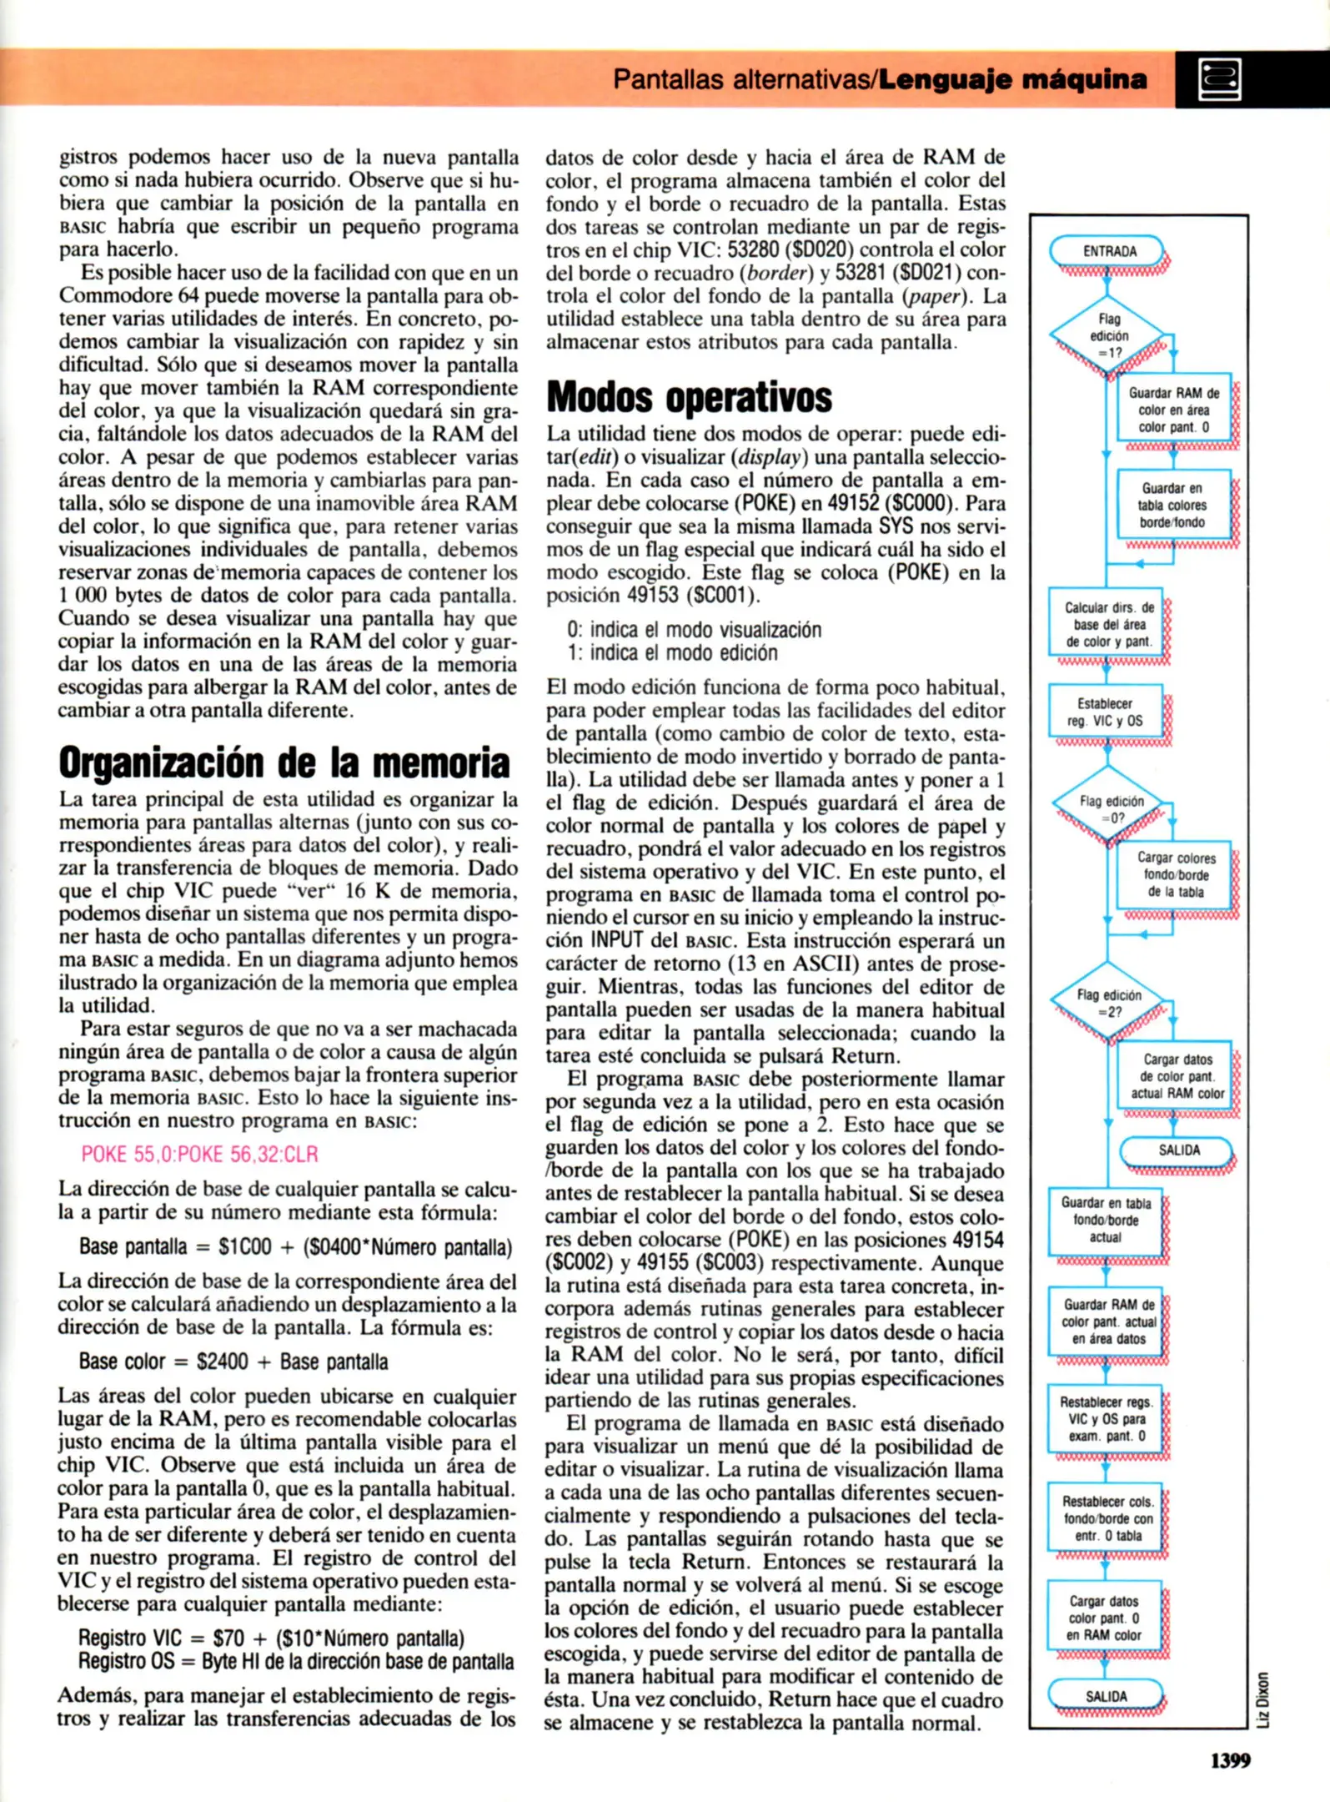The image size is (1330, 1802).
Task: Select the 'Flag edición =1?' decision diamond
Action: (1108, 335)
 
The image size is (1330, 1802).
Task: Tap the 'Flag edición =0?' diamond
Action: (1111, 808)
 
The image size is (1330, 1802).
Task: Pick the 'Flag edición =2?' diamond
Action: (1108, 1002)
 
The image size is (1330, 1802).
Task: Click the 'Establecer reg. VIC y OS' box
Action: (1105, 712)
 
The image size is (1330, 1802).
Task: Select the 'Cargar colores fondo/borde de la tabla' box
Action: (1176, 874)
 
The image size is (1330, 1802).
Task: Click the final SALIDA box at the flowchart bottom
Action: (1106, 1696)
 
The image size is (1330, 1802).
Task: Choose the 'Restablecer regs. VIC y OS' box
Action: (1106, 1418)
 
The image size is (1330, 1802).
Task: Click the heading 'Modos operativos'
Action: (689, 397)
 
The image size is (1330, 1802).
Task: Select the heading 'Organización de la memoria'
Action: (284, 762)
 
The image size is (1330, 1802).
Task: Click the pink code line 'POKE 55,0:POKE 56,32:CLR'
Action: (199, 1154)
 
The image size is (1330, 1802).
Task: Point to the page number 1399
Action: (1230, 1760)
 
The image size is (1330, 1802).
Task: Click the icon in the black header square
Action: (1219, 80)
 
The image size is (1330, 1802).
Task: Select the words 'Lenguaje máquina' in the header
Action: (1013, 80)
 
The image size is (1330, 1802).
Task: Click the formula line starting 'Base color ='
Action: (233, 1362)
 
